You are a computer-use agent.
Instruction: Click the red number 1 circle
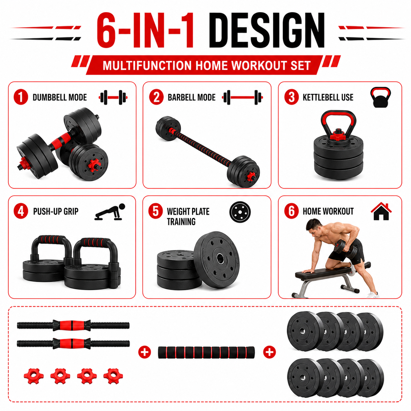coord(21,97)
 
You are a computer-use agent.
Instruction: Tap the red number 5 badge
coord(156,211)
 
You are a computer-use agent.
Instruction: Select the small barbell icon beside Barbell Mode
coord(243,97)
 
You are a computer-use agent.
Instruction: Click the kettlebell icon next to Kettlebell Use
coord(381,97)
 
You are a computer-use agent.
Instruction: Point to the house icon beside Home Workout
coord(381,211)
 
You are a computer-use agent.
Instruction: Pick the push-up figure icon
coord(110,212)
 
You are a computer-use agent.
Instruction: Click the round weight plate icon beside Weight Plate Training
coord(240,212)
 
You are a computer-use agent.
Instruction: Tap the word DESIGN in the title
coord(267,30)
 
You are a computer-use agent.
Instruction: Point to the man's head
coord(314,227)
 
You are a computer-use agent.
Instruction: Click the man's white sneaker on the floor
coord(373,295)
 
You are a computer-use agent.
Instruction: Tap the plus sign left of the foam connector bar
coord(145,352)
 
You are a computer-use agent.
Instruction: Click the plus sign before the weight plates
coord(269,352)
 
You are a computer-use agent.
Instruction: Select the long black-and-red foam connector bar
coord(206,352)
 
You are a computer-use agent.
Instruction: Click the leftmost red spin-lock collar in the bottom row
coord(34,376)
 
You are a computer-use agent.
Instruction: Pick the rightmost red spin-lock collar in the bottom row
coord(113,376)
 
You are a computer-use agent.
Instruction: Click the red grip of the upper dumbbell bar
coord(72,325)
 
